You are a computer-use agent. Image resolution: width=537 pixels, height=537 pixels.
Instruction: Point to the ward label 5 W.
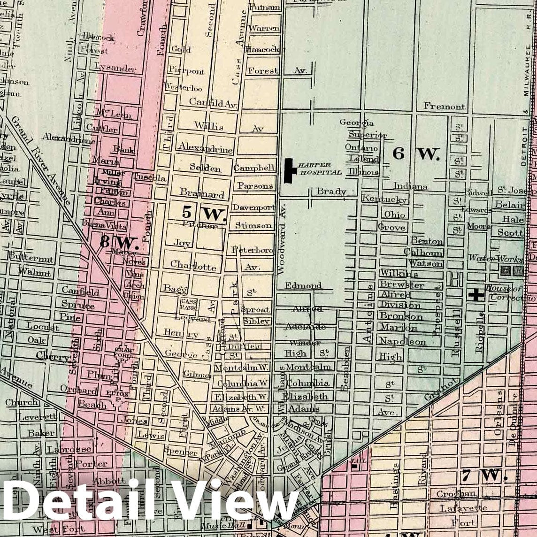[x=204, y=214]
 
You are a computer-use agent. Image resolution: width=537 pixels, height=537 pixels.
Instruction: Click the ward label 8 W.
[x=119, y=243]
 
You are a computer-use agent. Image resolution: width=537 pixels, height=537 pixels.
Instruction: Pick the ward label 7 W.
[x=483, y=476]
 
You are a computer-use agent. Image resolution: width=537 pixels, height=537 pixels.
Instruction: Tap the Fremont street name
[x=444, y=106]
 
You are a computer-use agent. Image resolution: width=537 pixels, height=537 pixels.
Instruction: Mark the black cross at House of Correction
[x=476, y=295]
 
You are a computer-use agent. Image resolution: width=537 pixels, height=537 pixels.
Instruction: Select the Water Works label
[x=495, y=259]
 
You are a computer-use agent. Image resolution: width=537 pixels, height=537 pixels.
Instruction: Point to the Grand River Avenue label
[x=41, y=160]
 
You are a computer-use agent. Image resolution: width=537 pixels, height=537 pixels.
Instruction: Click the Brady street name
[x=331, y=192]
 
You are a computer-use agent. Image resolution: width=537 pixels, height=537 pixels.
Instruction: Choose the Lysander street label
[x=115, y=68]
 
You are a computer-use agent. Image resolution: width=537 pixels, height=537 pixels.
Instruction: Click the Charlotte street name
[x=193, y=265]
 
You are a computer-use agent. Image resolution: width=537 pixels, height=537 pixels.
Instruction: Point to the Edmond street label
[x=303, y=285]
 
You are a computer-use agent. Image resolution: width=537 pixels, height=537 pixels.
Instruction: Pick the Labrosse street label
[x=69, y=449]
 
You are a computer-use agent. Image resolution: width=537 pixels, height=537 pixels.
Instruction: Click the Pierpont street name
[x=186, y=71]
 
